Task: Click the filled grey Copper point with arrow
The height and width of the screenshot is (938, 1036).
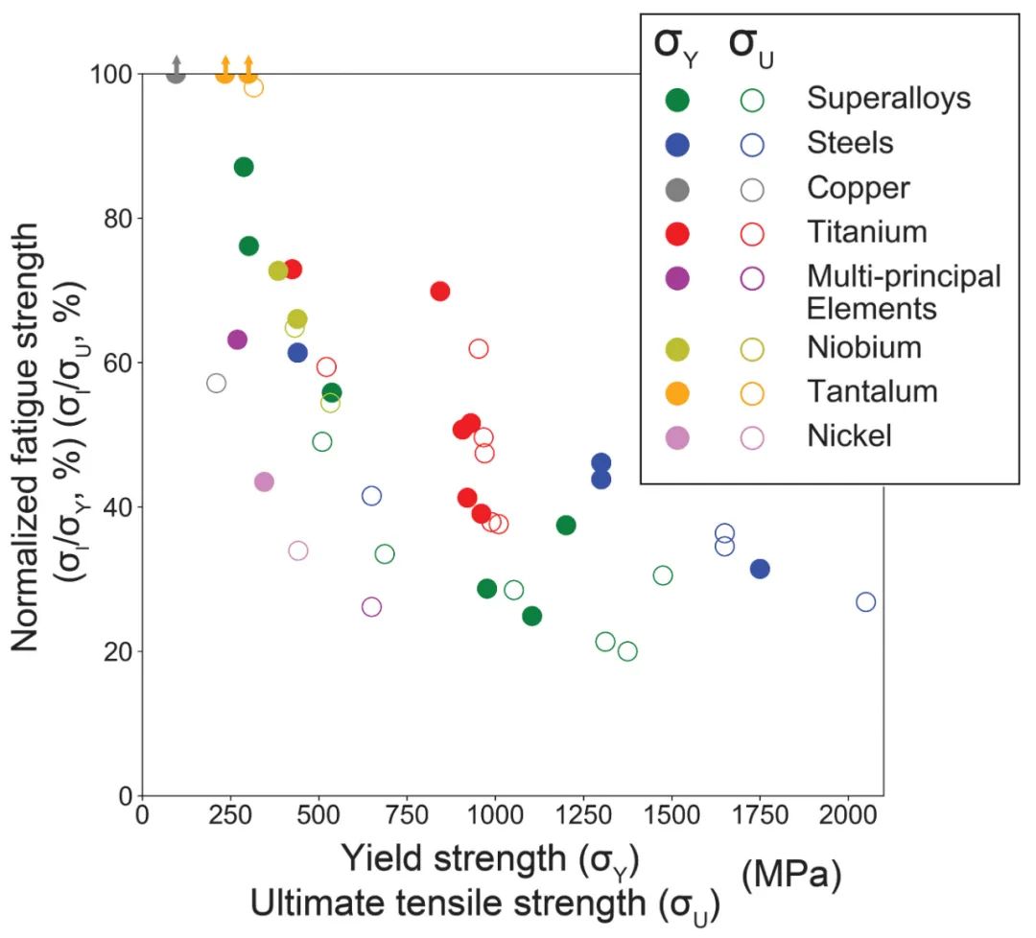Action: pyautogui.click(x=176, y=74)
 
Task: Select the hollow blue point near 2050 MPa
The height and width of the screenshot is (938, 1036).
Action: pyautogui.click(x=865, y=601)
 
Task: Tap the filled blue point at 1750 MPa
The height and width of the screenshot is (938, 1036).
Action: pyautogui.click(x=760, y=569)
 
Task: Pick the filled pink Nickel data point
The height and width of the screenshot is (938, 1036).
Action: pyautogui.click(x=264, y=481)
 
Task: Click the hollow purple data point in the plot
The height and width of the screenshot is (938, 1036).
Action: pyautogui.click(x=371, y=606)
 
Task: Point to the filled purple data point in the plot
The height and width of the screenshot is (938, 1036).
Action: pyautogui.click(x=237, y=339)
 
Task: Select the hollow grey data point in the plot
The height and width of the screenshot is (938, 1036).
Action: pyautogui.click(x=216, y=383)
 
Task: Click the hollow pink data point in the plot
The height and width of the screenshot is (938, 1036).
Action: pyautogui.click(x=298, y=551)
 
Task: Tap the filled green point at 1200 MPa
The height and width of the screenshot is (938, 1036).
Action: pyautogui.click(x=566, y=525)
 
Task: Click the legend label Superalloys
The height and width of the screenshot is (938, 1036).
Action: pyautogui.click(x=888, y=98)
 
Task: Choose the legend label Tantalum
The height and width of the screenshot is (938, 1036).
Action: pyautogui.click(x=872, y=391)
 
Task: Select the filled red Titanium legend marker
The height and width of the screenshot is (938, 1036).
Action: pyautogui.click(x=676, y=232)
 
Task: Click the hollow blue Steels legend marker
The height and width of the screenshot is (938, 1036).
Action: pyautogui.click(x=753, y=144)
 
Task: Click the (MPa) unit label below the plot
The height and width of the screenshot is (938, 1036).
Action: pyautogui.click(x=792, y=875)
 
